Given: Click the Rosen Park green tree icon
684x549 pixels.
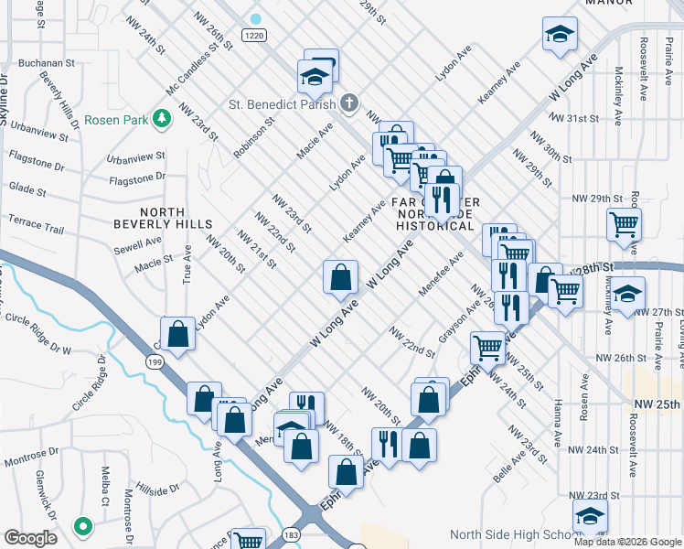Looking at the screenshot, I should click(162, 118).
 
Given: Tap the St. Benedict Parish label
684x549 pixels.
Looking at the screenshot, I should click(275, 103).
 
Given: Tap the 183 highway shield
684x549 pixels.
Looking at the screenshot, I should click(316, 533).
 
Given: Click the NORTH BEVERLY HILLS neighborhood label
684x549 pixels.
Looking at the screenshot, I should click(163, 218).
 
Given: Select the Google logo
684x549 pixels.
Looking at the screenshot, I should click(30, 538).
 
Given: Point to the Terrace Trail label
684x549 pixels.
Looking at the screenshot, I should click(36, 225).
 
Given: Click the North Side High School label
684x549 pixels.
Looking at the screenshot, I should click(508, 534).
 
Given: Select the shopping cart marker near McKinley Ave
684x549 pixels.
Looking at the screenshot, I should click(624, 222).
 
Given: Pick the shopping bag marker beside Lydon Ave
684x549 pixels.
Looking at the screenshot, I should click(178, 334).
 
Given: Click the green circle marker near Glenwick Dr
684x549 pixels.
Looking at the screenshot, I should click(82, 526).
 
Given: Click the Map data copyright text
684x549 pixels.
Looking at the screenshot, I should click(627, 542).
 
